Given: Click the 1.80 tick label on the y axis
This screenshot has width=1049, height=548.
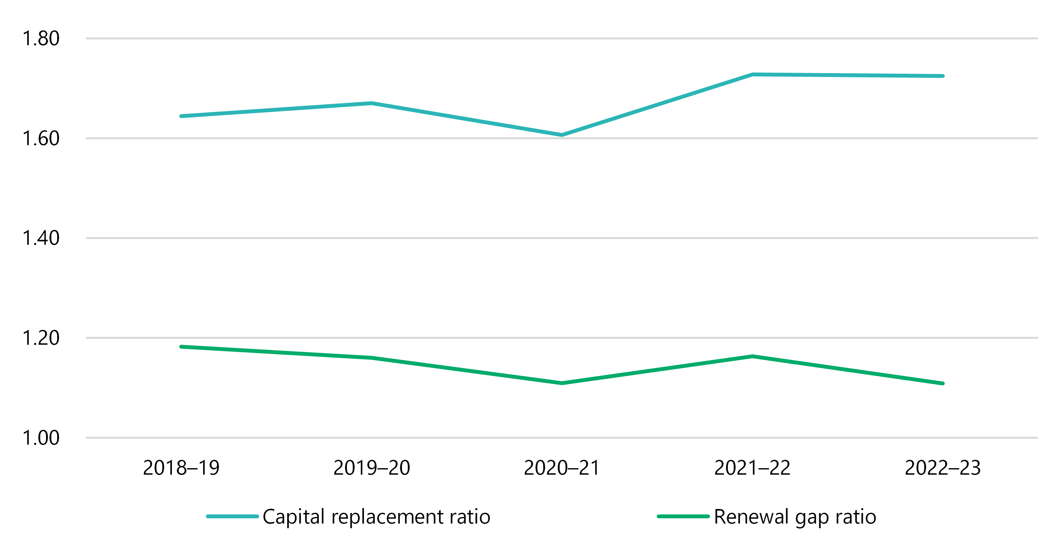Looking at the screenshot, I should tap(41, 39).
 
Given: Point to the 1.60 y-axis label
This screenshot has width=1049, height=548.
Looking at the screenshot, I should tap(41, 139).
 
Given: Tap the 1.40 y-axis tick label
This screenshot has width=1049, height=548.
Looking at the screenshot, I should tap(41, 238).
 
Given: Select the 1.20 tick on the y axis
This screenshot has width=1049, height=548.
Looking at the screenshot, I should tap(41, 338).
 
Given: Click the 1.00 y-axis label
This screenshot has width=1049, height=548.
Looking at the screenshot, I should tap(41, 438).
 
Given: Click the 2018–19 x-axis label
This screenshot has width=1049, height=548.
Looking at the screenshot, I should tap(181, 468).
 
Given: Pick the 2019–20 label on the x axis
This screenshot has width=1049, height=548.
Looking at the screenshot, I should tap(371, 468).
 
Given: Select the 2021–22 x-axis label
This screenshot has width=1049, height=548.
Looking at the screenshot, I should tap(752, 468).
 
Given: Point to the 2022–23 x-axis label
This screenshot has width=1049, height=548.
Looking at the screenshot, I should tap(943, 468).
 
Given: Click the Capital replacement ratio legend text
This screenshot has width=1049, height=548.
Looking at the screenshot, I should tap(376, 517).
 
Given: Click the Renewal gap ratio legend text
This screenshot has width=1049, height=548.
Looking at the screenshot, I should tap(795, 517).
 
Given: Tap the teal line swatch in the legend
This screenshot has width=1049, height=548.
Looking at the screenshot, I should tap(232, 516).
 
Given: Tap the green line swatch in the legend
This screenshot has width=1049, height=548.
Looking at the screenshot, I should tap(683, 516).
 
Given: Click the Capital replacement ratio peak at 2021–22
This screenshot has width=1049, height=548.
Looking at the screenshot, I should tap(753, 75).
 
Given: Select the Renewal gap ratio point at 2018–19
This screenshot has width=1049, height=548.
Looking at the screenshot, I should tap(181, 347).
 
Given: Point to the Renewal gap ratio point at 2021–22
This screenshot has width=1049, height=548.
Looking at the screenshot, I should tap(753, 356).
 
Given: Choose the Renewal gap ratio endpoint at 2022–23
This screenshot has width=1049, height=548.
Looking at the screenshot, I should tap(943, 383).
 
